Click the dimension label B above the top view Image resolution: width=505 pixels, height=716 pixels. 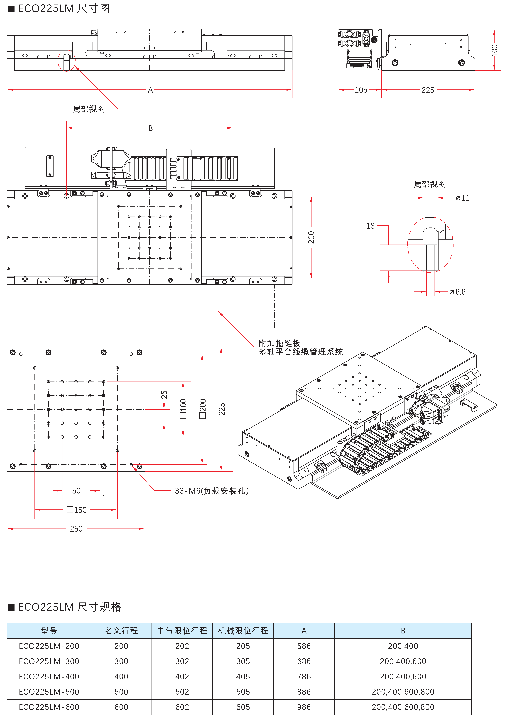[150, 128]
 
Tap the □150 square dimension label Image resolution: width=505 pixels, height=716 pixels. [77, 510]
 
